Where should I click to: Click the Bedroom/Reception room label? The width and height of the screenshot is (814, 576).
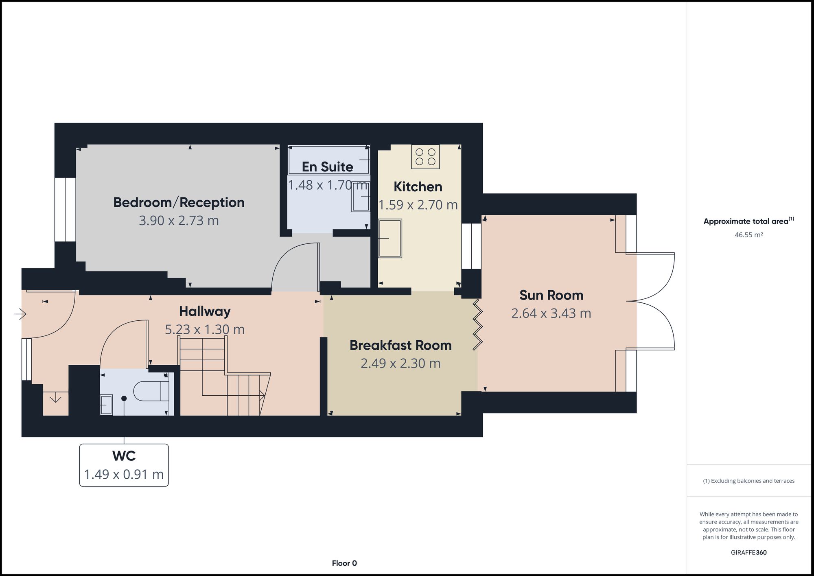179,202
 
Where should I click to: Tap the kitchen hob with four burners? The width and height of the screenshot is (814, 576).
425,157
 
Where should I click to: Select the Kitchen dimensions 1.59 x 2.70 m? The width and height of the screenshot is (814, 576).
418,205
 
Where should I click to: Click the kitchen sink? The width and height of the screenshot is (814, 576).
390,239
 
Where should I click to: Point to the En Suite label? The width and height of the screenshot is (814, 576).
327,167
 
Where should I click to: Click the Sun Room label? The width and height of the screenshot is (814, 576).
551,295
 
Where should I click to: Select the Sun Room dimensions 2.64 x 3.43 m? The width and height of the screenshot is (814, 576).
551,313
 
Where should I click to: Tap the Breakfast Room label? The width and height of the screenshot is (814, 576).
400,345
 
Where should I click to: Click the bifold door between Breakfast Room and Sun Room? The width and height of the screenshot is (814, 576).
477,325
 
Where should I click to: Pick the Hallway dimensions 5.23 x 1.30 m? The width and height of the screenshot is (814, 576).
205,329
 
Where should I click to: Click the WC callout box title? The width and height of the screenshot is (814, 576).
124,456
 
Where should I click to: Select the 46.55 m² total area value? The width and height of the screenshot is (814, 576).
748,235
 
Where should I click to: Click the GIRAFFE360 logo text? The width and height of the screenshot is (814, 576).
748,552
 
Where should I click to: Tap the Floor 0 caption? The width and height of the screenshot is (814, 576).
344,563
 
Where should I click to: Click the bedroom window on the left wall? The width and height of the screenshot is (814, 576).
65,210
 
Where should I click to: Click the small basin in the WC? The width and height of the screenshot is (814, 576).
106,405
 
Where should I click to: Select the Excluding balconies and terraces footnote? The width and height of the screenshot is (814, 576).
748,481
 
